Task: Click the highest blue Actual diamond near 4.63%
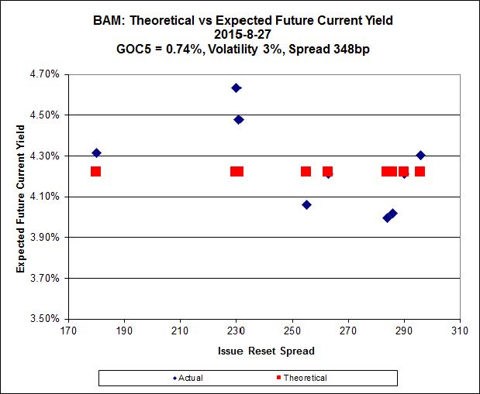tap(236, 88)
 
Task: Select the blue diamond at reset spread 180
tap(96, 152)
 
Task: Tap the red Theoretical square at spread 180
tap(95, 171)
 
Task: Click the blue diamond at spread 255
tap(306, 204)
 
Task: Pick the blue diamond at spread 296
tap(420, 155)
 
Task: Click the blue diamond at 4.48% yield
tap(239, 119)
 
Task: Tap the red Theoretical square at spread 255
tap(306, 171)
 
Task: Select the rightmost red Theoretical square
tap(420, 171)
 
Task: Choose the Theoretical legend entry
tap(301, 378)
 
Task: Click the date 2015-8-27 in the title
tap(239, 33)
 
